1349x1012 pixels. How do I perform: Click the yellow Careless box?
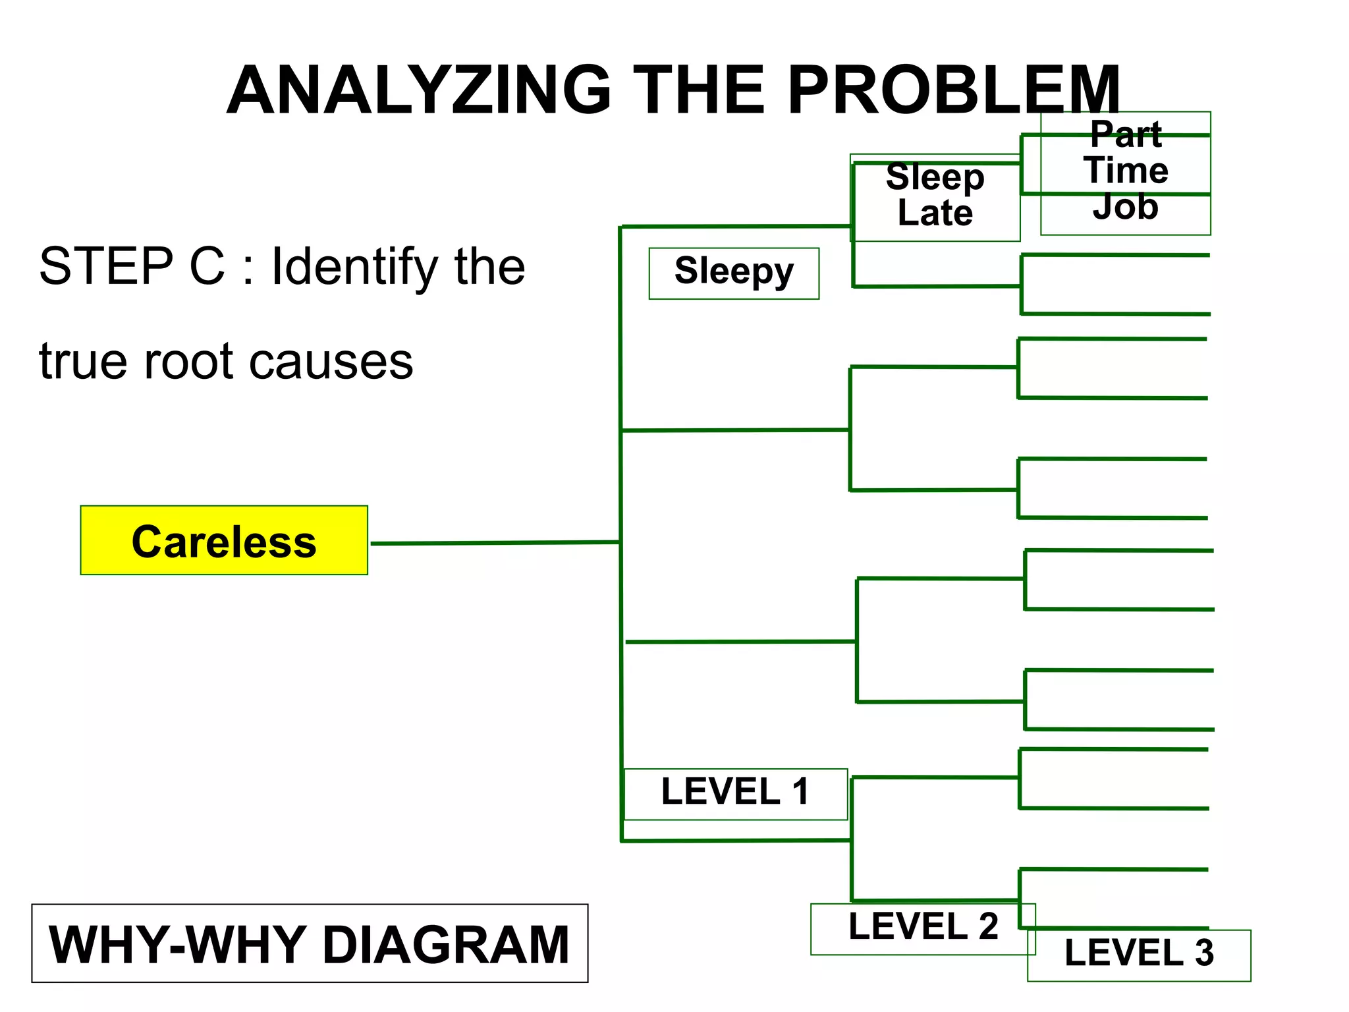(x=224, y=540)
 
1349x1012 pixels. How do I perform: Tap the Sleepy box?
(x=734, y=273)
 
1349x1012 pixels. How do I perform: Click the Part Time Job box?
(x=1125, y=172)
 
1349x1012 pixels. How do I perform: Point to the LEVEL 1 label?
(x=735, y=793)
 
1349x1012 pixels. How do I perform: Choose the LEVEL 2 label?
(x=923, y=928)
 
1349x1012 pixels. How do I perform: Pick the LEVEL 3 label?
(x=1139, y=954)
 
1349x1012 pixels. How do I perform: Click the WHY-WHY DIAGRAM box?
(x=310, y=943)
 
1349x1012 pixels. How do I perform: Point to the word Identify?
(x=354, y=267)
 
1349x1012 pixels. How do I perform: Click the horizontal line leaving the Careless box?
(x=494, y=543)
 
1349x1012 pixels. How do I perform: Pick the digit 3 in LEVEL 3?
(x=1204, y=954)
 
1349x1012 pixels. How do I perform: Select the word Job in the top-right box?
(x=1125, y=207)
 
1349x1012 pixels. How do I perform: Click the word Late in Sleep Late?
(x=935, y=213)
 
